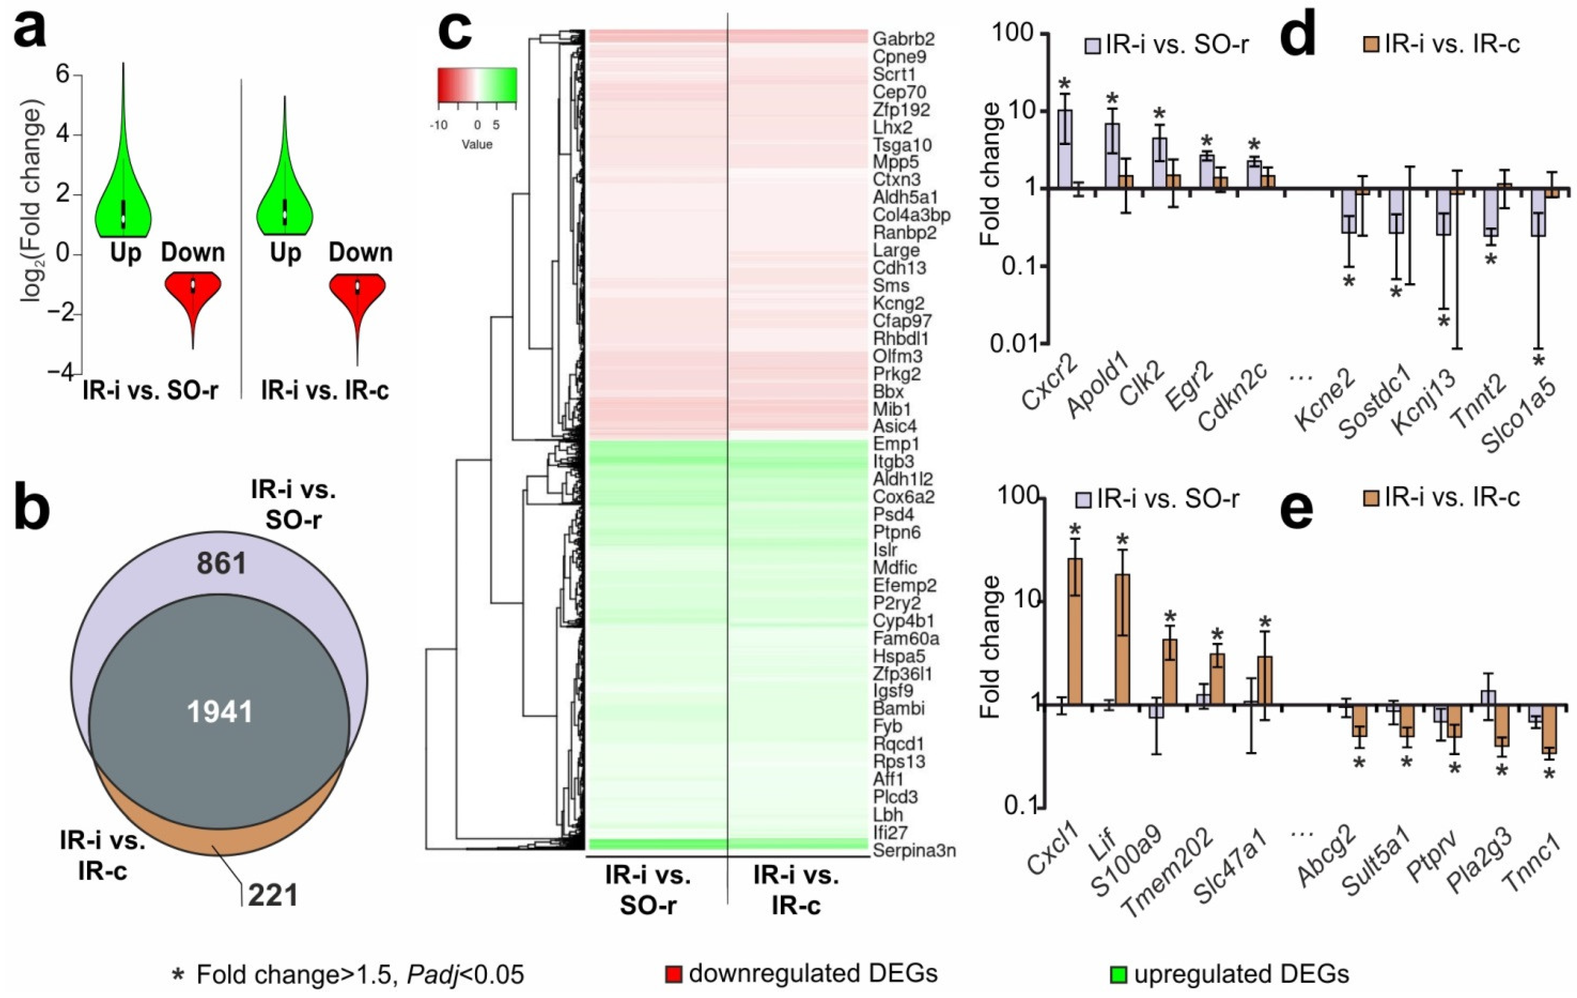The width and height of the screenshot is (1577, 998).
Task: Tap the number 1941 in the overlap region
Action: [x=220, y=712]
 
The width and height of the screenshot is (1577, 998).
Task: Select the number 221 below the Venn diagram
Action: [x=272, y=894]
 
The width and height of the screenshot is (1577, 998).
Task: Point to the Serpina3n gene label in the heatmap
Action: [x=914, y=851]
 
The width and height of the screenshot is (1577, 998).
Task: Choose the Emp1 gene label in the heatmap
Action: [x=896, y=444]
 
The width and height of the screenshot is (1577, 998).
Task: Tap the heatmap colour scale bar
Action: [x=477, y=85]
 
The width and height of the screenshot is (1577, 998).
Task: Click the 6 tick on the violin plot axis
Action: [x=63, y=75]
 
